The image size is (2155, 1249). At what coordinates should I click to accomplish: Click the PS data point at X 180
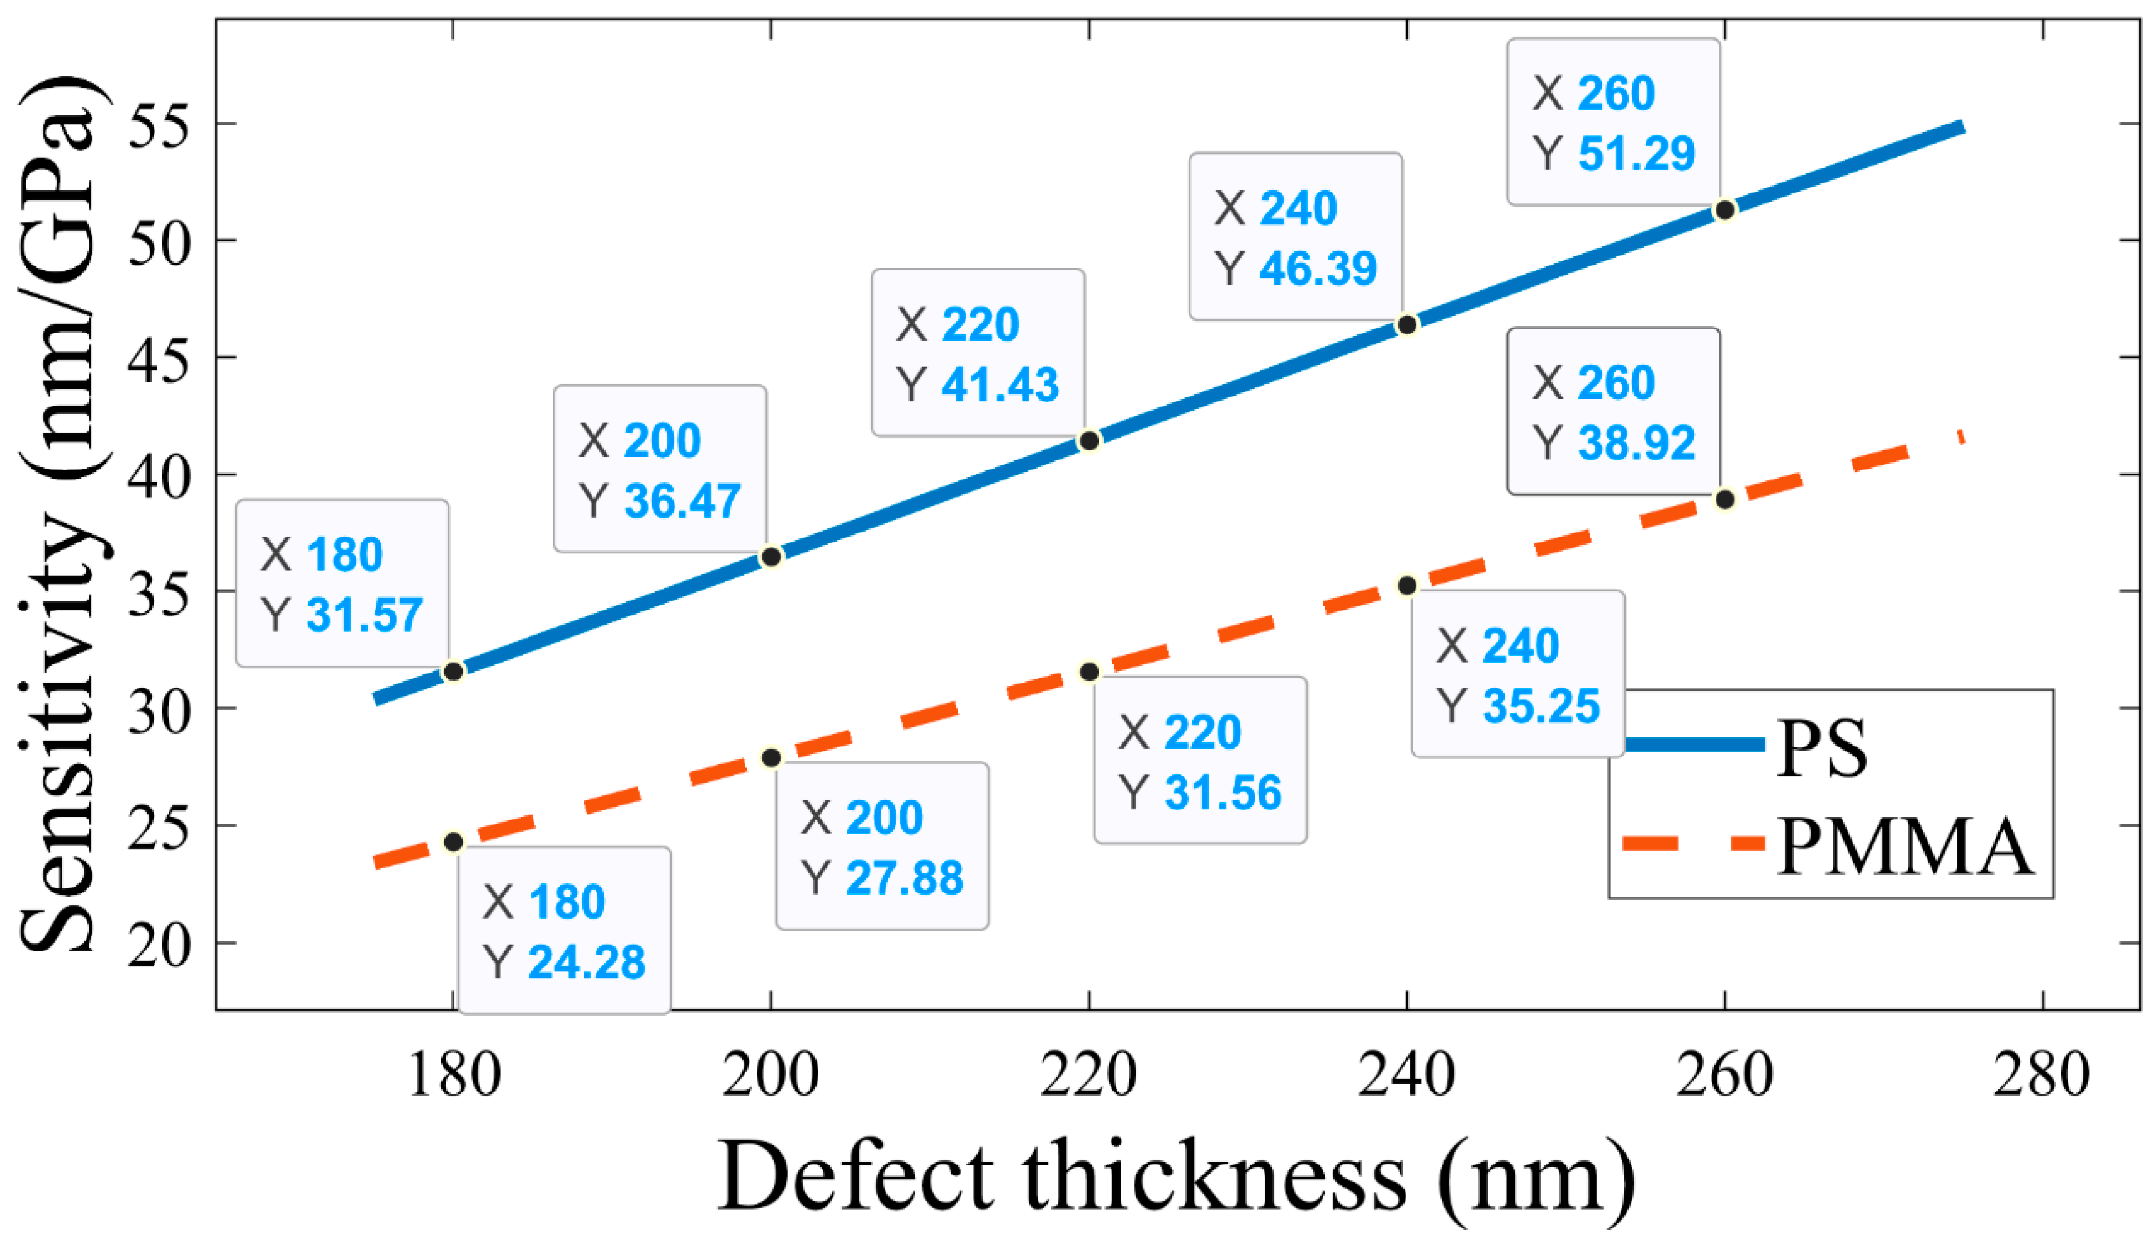point(453,672)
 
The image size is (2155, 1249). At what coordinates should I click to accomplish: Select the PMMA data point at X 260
point(1725,499)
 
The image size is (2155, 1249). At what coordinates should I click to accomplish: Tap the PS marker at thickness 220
point(1089,441)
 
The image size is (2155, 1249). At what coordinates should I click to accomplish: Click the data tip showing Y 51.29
point(1613,122)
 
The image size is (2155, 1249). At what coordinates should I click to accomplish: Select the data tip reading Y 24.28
point(564,930)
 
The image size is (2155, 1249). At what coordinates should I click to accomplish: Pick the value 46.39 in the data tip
point(1318,268)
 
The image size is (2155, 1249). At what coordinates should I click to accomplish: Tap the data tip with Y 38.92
point(1613,411)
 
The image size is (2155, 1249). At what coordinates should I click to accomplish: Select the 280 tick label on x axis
point(2041,1076)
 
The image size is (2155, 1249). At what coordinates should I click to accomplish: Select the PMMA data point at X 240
point(1406,586)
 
